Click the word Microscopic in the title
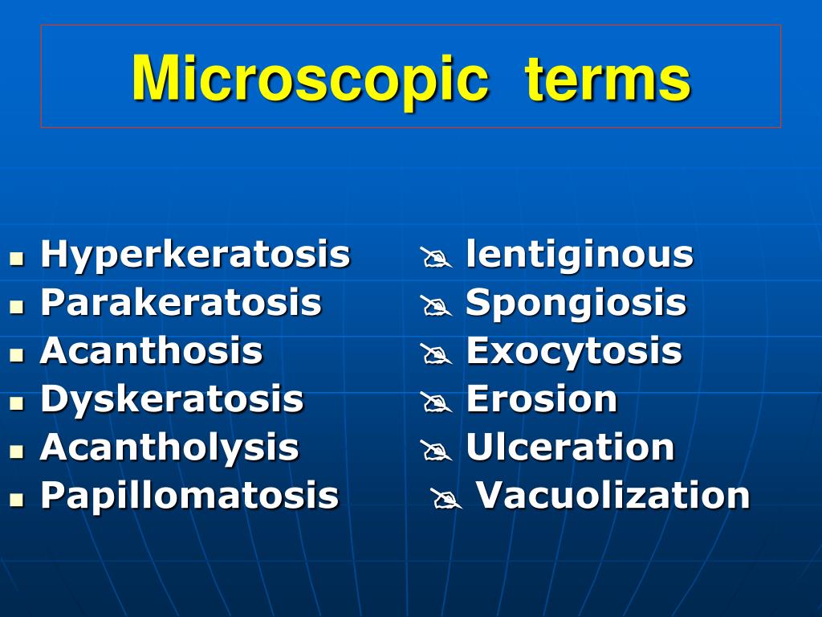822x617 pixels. [309, 79]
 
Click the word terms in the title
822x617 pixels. [608, 79]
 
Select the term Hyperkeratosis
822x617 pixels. [195, 255]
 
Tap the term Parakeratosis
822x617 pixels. [181, 303]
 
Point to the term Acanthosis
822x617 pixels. [151, 351]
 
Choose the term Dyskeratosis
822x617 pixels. [172, 399]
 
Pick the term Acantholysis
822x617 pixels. [169, 447]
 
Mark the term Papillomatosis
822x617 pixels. [189, 495]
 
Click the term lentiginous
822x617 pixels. [580, 255]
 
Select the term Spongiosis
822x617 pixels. [576, 303]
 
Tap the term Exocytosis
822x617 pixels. [574, 351]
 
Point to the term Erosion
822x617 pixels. [541, 399]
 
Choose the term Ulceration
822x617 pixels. [570, 447]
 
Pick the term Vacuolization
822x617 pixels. [613, 495]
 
